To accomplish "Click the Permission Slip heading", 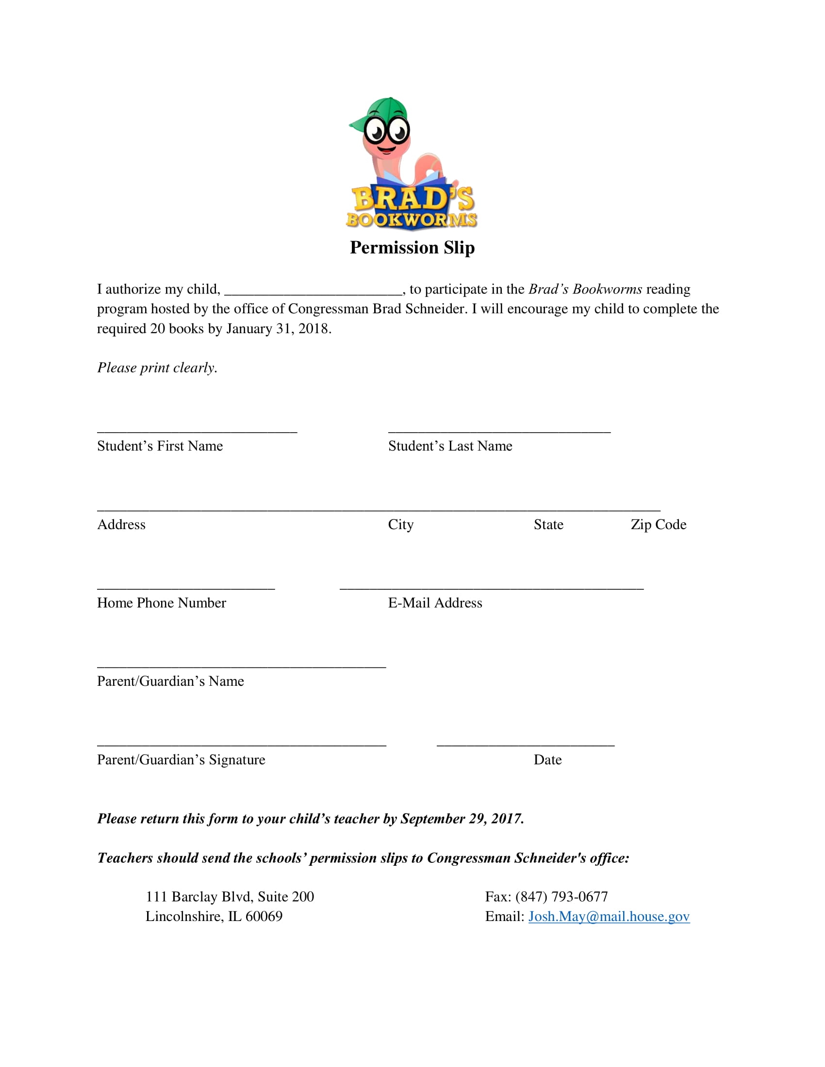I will (x=412, y=248).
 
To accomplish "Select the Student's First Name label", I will (x=160, y=446).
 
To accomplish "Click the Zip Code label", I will (x=659, y=525).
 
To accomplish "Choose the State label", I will (x=548, y=525).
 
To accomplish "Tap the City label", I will (x=401, y=525).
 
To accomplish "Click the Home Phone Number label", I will (x=161, y=603).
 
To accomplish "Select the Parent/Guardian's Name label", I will (x=170, y=681).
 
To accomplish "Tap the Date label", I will (x=547, y=760).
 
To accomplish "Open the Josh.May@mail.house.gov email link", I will (x=609, y=917).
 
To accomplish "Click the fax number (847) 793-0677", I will (x=561, y=897).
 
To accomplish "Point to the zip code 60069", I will (x=264, y=917).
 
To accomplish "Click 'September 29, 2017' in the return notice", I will (x=462, y=819).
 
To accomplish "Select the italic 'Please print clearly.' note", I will (x=157, y=368).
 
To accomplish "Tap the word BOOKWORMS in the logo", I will (x=412, y=220).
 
